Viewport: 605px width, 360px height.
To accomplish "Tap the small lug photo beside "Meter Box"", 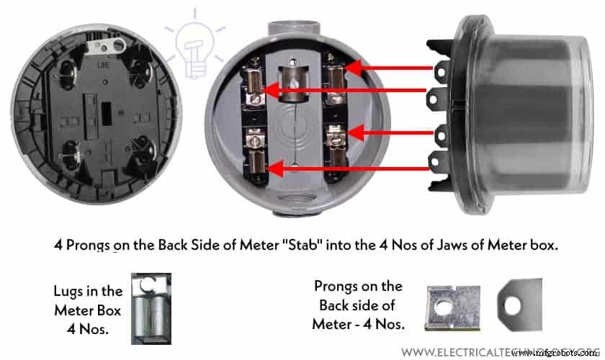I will [151, 309].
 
